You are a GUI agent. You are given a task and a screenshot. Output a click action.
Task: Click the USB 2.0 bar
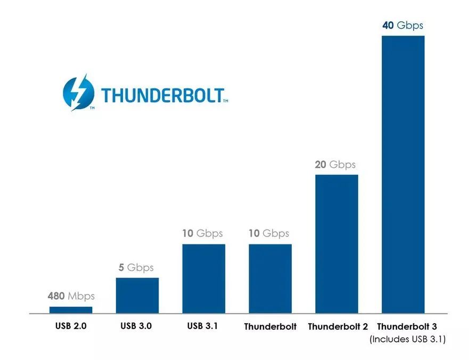71,309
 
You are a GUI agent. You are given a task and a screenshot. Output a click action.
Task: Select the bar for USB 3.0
137,295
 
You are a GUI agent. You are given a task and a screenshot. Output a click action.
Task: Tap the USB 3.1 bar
203,278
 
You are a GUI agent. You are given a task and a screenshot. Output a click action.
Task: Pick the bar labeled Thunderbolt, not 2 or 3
270,278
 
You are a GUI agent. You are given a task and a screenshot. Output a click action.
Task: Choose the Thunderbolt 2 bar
337,243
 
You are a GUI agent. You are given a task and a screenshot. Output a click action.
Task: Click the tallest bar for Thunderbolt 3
403,174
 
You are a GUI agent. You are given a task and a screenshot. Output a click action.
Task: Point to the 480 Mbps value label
71,296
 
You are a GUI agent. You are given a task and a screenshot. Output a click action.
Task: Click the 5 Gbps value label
136,267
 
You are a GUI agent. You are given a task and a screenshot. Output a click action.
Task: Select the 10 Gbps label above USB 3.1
202,233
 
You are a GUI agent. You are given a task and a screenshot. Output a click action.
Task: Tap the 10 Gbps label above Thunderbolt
269,233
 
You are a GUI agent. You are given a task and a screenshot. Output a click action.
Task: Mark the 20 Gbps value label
335,165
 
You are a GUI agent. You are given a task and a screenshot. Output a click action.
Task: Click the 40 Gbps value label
403,26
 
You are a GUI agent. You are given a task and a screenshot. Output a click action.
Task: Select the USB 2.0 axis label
70,326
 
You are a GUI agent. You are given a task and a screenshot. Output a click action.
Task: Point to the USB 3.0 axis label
137,326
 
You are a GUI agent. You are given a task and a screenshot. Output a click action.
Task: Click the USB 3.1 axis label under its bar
203,326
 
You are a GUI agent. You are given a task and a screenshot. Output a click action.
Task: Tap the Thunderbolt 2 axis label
338,326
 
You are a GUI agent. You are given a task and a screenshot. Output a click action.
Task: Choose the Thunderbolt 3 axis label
407,326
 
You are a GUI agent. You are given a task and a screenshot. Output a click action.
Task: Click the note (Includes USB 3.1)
408,339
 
